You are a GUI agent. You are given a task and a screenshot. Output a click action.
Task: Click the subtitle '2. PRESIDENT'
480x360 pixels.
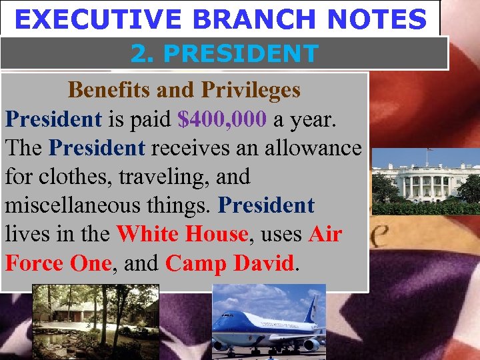click(x=224, y=53)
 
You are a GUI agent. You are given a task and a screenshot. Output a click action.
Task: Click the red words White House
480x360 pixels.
click(x=182, y=234)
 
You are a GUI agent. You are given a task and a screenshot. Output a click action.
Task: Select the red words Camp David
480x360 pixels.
click(x=230, y=263)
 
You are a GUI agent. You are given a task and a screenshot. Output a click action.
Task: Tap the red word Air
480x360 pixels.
click(x=325, y=234)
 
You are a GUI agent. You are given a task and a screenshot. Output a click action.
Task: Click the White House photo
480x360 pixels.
click(x=425, y=180)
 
